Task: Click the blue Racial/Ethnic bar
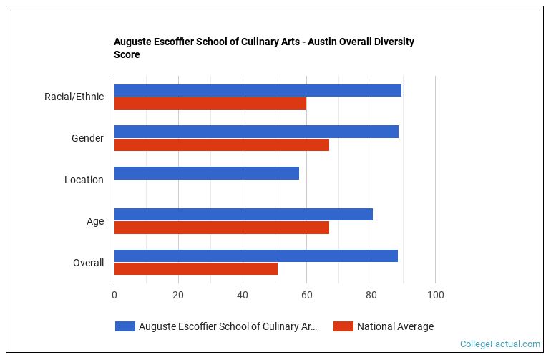(258, 91)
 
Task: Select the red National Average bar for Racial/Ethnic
(210, 104)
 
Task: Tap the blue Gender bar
(256, 132)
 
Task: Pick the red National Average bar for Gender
(222, 145)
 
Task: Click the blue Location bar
(207, 173)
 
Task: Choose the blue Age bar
(243, 215)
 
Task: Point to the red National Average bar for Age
(222, 228)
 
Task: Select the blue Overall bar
(256, 256)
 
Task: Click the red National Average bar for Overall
(196, 269)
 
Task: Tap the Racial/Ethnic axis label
(74, 97)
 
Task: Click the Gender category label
(87, 139)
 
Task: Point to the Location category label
(84, 180)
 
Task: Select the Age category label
(95, 222)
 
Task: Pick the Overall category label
(88, 263)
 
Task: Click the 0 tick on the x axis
(114, 295)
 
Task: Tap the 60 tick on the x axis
(307, 295)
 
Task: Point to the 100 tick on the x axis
(435, 295)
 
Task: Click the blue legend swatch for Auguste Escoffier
(125, 327)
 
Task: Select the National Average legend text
(395, 327)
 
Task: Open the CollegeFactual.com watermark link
(499, 344)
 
